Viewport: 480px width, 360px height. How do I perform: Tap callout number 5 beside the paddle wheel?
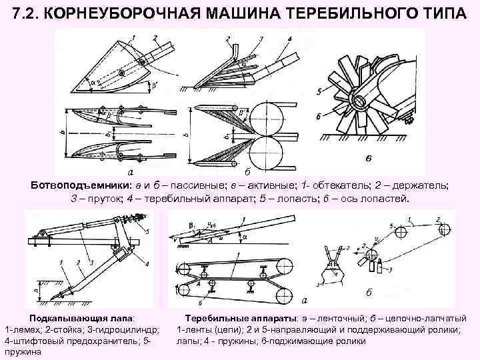point(321,91)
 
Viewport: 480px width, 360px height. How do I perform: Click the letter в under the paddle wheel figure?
point(367,158)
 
